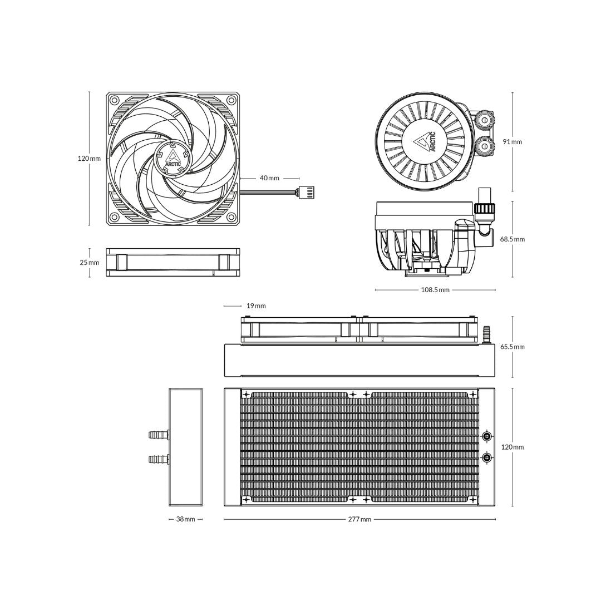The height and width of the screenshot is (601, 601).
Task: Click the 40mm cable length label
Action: (x=269, y=178)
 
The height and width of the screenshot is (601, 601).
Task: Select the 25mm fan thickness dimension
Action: (x=89, y=263)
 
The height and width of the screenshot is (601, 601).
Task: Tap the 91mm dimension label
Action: (x=513, y=142)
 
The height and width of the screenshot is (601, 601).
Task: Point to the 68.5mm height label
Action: (x=512, y=239)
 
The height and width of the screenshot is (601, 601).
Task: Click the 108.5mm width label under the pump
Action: (x=435, y=290)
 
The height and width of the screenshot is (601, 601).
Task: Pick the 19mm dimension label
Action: (x=256, y=306)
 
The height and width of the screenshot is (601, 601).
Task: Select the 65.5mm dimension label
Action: (x=512, y=347)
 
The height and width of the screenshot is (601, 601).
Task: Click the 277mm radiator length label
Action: (x=359, y=520)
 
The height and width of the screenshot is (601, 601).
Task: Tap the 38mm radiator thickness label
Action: (x=185, y=520)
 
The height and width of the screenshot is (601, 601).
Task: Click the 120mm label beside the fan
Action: (x=89, y=159)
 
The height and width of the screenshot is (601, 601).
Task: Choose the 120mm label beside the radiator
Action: (x=512, y=447)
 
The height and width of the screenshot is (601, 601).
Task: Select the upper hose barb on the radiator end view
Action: (x=159, y=434)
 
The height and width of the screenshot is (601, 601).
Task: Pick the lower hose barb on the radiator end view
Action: (x=159, y=459)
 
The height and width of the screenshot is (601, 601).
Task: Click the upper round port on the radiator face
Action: (x=487, y=436)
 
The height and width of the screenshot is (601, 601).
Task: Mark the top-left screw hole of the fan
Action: (x=115, y=101)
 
